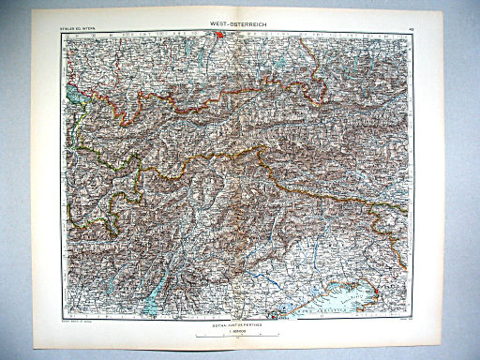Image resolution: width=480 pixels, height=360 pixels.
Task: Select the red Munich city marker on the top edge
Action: coord(219,40)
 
